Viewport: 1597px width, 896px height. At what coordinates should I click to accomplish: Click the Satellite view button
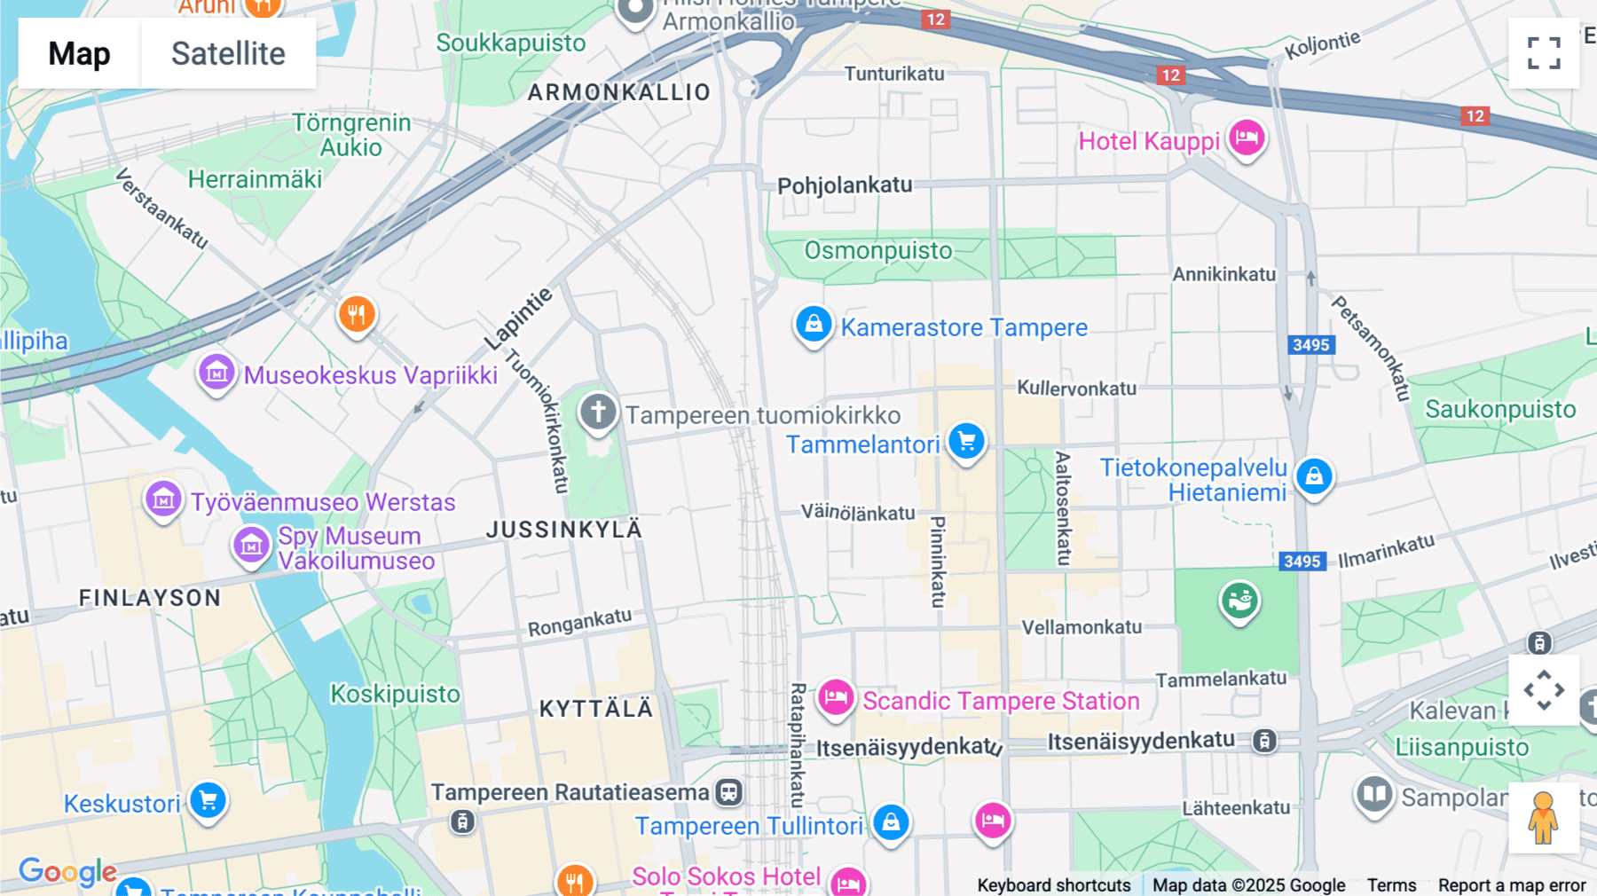point(228,53)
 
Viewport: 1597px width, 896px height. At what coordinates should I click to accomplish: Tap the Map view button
point(79,53)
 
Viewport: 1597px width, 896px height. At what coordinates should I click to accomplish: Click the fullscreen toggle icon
point(1544,53)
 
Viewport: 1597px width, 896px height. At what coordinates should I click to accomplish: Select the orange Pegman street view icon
point(1543,817)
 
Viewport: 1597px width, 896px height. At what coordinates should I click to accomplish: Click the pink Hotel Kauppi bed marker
point(1247,138)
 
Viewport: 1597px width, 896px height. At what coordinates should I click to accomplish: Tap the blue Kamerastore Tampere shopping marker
point(813,325)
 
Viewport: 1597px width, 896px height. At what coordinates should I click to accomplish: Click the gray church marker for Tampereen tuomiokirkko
point(598,413)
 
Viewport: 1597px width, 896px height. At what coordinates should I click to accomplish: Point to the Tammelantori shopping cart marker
point(966,441)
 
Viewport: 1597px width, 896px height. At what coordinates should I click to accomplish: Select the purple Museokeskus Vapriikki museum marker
point(216,373)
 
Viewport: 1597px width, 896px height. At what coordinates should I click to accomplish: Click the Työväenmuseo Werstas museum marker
point(163,500)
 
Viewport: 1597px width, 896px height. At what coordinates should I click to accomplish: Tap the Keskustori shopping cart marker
point(208,801)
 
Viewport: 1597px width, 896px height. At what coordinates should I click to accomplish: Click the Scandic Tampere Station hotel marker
point(835,698)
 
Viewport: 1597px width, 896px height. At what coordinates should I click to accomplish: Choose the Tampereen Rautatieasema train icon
point(729,792)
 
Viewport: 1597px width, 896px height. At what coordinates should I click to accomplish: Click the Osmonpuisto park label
point(877,250)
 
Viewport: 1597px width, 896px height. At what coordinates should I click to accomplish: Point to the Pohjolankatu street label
point(845,185)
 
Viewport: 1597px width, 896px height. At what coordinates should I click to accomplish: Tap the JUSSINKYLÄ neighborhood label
point(563,530)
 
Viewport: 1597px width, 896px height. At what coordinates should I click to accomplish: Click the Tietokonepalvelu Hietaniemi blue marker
point(1314,476)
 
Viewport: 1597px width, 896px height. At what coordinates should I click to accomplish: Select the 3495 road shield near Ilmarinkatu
point(1302,561)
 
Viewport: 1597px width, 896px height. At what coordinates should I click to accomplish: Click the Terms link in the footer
point(1391,884)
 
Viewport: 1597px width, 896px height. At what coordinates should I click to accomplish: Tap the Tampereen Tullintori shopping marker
point(891,822)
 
